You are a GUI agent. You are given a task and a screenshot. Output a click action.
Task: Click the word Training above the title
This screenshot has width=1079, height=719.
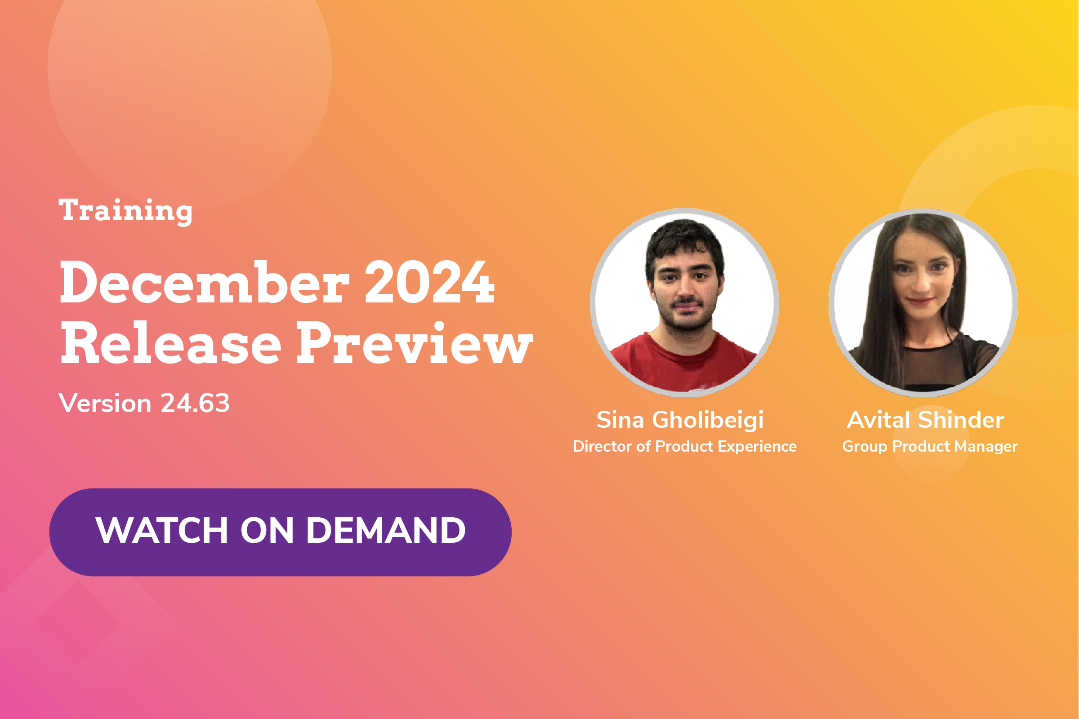[x=125, y=211]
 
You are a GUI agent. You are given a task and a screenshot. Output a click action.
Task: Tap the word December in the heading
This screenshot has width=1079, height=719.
[x=205, y=283]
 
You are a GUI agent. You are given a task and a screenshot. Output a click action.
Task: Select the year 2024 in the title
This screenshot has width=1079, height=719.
[x=429, y=283]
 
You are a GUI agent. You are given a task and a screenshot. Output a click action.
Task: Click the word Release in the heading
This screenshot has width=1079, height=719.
[x=171, y=343]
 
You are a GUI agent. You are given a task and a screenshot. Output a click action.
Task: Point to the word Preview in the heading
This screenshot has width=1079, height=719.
[x=414, y=343]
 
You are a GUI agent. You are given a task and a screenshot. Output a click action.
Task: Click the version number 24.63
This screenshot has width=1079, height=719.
[x=195, y=404]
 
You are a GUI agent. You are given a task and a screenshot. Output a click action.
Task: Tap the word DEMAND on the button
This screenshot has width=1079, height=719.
[x=386, y=531]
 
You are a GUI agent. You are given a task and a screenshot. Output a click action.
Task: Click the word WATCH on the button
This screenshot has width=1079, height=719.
[x=161, y=531]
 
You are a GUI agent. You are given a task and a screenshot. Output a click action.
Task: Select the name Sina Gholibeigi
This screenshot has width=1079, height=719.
[x=680, y=420]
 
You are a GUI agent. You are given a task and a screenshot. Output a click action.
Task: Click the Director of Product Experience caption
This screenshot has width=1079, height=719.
[x=684, y=447]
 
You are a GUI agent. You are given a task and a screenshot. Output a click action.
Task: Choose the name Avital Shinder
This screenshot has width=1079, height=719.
[x=925, y=420]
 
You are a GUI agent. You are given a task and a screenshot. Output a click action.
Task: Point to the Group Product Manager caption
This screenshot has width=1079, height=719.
[x=930, y=447]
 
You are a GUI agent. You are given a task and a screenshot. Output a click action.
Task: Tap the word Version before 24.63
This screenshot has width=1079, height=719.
[x=105, y=404]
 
